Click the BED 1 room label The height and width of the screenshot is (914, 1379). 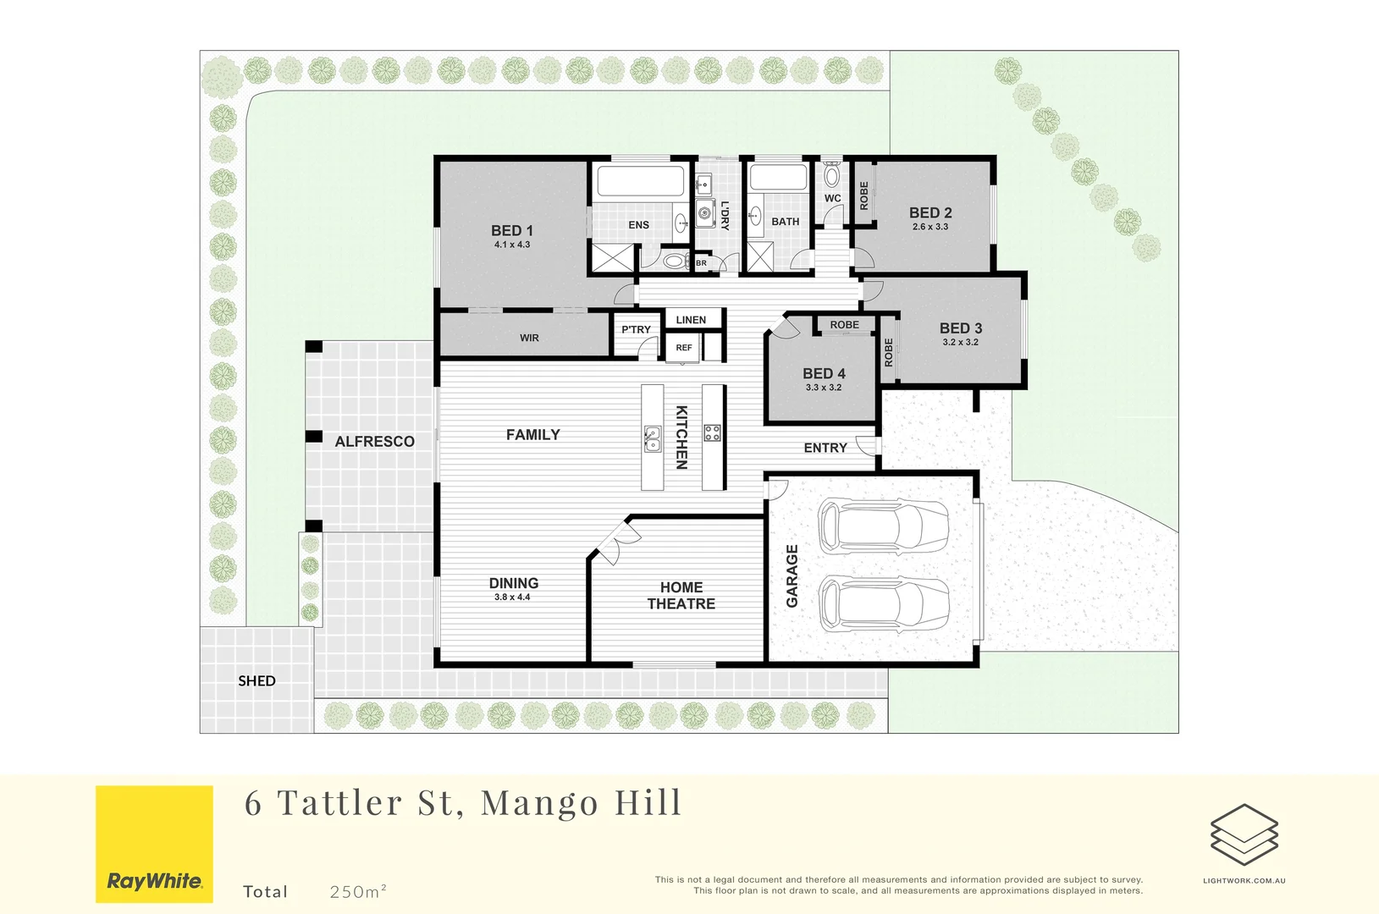coord(512,230)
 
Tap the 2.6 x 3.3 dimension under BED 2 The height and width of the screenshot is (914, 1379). coord(930,227)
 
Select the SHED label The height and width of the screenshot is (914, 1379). coord(256,680)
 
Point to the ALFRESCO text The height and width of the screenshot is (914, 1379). coord(374,441)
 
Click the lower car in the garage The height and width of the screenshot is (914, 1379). coord(883,604)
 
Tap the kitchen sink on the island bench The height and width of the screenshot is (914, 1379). coord(652,438)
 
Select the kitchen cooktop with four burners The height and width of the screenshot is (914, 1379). coord(713,433)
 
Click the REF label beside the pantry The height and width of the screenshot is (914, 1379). coord(684,348)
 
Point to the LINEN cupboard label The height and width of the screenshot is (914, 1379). coord(691,320)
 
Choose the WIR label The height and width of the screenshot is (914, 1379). coord(529,338)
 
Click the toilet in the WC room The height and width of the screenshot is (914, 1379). coord(832,175)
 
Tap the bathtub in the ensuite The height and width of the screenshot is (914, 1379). coord(640,182)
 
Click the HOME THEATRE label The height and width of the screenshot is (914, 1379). coord(681,595)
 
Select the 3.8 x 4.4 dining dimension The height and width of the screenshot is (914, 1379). coord(512,597)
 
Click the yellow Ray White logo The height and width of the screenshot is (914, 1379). coord(154,844)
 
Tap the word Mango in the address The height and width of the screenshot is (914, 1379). coord(539,802)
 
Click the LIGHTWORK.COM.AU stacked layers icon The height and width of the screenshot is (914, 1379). coord(1244,834)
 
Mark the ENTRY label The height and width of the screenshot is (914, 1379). coord(825,448)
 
